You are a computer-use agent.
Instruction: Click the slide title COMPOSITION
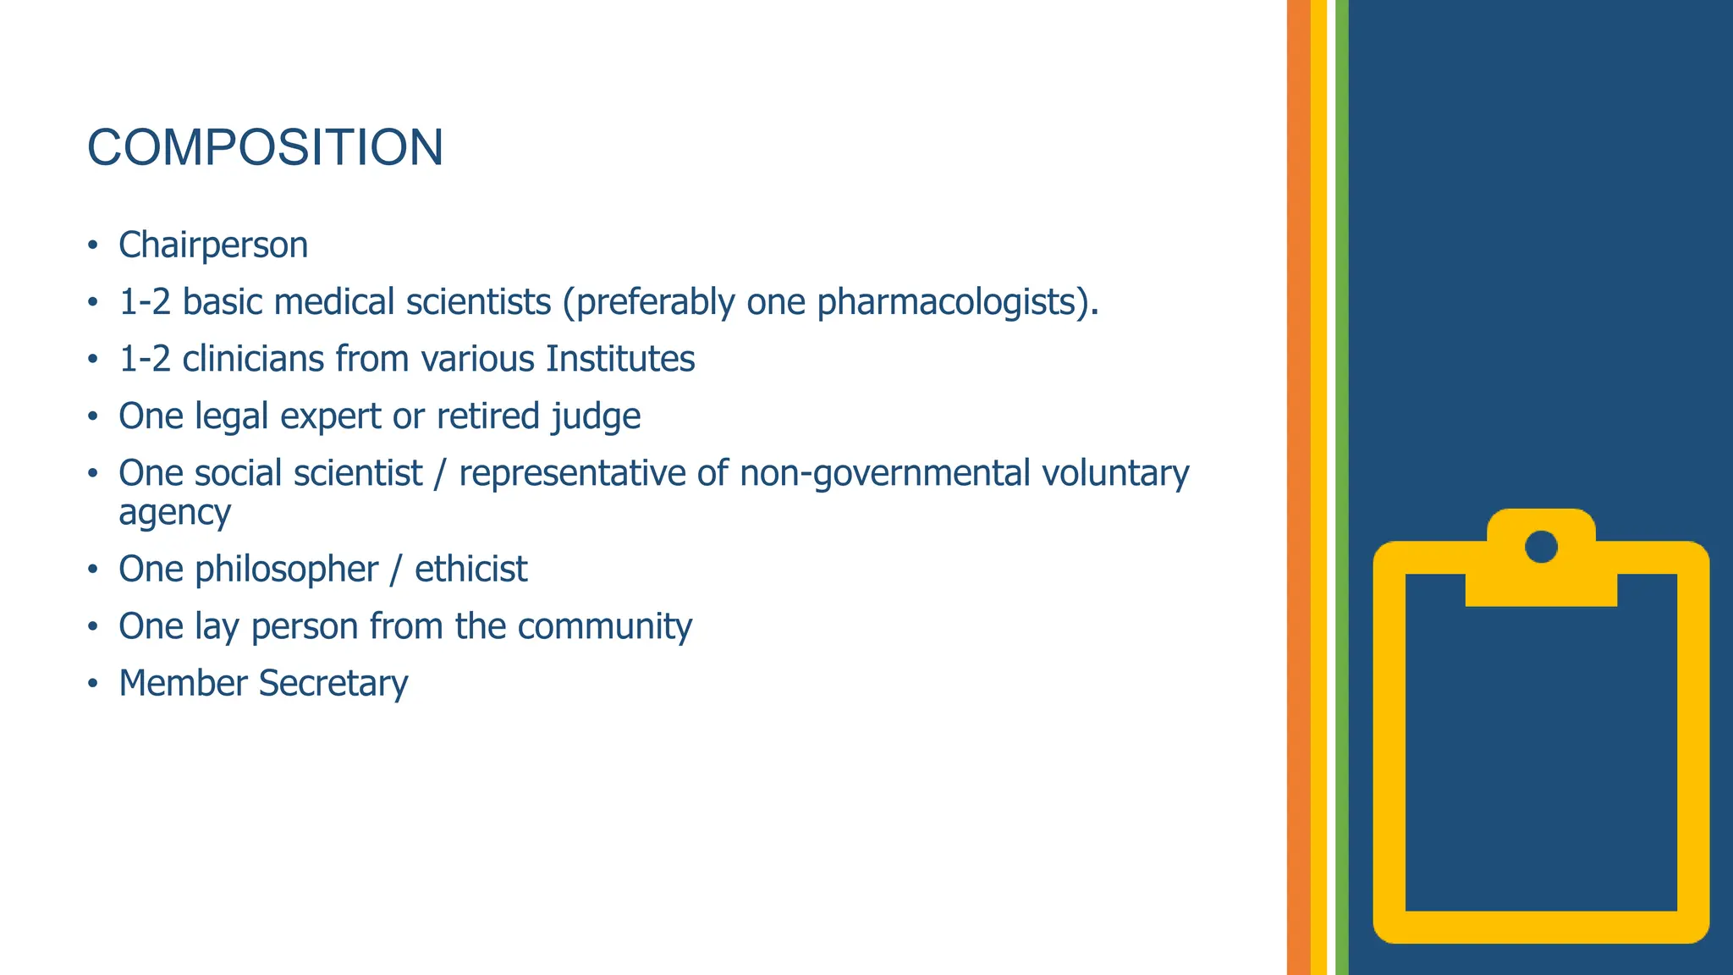click(x=265, y=147)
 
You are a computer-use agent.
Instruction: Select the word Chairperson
click(x=213, y=245)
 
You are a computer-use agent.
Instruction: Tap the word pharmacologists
click(x=946, y=303)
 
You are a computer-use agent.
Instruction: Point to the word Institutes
click(x=620, y=359)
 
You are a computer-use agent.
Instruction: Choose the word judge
click(x=596, y=417)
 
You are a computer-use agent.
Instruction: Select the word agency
click(x=174, y=513)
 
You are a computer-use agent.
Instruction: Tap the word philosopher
click(x=286, y=570)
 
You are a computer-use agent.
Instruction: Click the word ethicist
click(x=470, y=569)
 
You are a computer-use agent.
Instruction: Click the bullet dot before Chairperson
click(x=93, y=246)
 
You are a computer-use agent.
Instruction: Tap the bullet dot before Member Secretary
click(x=93, y=684)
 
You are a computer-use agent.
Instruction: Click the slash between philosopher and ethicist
click(x=395, y=570)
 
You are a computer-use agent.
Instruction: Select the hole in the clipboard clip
click(x=1541, y=547)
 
